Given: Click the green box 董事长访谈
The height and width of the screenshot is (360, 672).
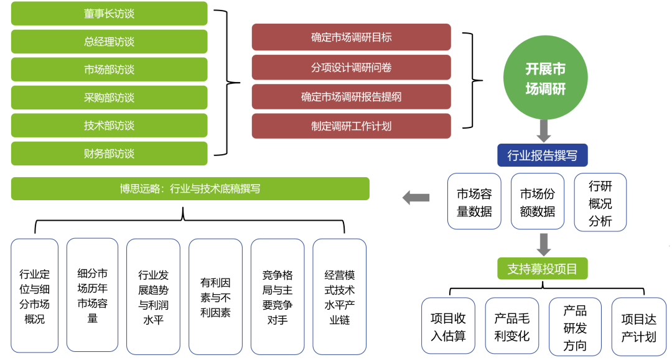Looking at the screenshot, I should pos(109,14).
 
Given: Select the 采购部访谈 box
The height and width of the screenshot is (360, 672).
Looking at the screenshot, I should pos(109,98).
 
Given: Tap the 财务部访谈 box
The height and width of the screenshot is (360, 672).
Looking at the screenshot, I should pos(109,154).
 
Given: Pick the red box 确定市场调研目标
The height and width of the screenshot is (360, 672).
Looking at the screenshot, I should pos(351,37).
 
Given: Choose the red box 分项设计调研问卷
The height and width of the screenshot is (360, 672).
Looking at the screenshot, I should pos(351,67).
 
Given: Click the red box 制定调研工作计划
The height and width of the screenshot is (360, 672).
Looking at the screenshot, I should pos(351,126).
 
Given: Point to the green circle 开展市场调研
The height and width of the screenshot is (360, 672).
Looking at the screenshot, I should pos(545,78).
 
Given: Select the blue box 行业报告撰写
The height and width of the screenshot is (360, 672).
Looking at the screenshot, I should pos(543,155).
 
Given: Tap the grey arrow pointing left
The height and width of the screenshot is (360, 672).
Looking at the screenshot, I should pos(416,198).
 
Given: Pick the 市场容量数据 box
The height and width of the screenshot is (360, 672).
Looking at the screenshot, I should pos(474,203).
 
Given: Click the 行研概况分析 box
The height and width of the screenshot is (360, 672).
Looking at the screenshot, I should pos(600,203).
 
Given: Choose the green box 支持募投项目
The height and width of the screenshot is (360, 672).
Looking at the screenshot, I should pos(543,269).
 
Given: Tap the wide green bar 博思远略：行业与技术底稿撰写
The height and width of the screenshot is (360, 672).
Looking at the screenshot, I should pos(190,189).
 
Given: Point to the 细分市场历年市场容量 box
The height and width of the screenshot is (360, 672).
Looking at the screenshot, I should pos(92,295).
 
